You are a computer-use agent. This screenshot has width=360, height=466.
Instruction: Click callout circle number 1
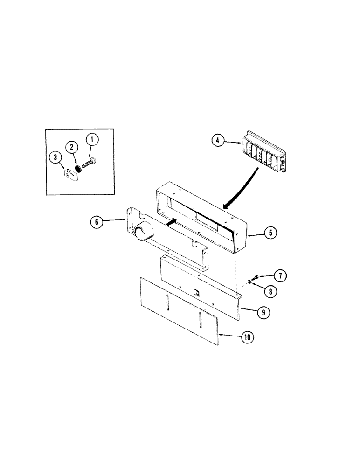92,139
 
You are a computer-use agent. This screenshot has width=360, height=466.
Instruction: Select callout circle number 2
72,148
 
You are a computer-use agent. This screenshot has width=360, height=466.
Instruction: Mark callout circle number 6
97,222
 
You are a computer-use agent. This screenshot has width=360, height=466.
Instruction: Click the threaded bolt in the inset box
89,164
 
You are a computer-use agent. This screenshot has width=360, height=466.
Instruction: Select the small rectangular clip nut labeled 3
70,173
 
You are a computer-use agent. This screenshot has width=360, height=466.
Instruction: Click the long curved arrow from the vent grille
243,186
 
